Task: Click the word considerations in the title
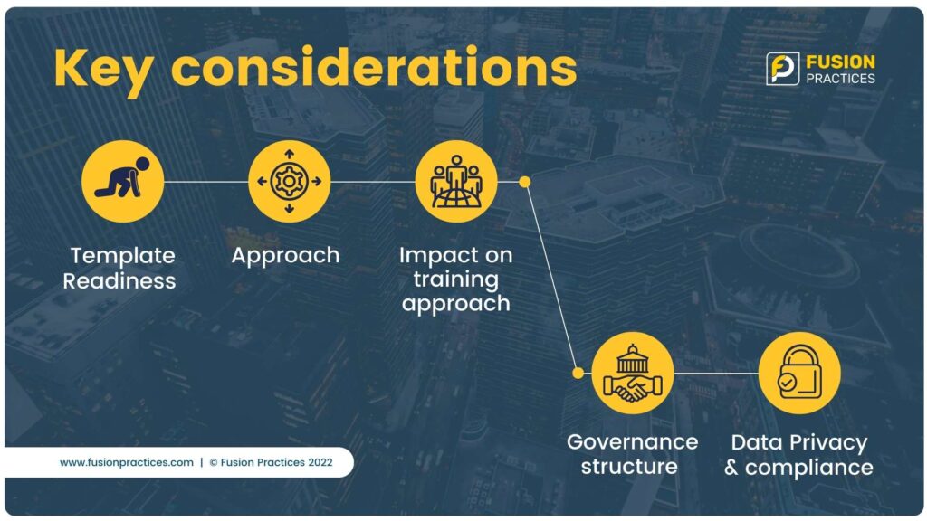[374, 67]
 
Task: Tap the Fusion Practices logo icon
[782, 69]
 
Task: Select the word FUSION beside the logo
[840, 62]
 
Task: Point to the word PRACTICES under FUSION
[840, 79]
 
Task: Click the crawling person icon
[122, 181]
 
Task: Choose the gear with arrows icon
[289, 181]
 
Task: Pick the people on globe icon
[456, 181]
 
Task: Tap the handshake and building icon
[633, 373]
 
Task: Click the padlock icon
[799, 373]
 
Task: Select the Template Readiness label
[120, 268]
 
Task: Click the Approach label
[285, 256]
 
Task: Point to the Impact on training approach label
[456, 279]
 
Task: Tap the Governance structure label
[632, 454]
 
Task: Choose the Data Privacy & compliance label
[798, 455]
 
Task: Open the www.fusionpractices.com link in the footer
[127, 462]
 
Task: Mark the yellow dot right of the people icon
[524, 182]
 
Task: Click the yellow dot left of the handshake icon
[578, 373]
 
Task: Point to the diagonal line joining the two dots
[551, 278]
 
